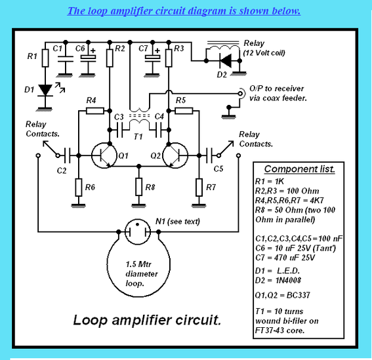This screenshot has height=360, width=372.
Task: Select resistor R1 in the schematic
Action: pos(45,59)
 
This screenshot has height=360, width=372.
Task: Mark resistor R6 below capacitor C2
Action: pos(78,188)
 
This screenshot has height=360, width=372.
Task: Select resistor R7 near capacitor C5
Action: pos(198,188)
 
